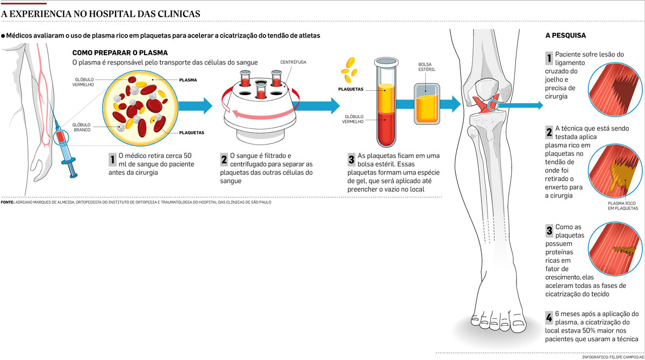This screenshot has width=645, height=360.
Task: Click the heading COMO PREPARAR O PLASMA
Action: coord(120,53)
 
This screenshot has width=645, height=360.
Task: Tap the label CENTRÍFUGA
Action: coord(293,62)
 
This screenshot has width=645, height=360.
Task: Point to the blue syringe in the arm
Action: coord(67,153)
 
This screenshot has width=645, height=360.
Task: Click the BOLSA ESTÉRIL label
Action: coord(425,68)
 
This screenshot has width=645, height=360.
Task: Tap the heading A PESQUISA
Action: coord(565,36)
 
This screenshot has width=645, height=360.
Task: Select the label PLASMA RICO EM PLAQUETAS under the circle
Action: coord(619,206)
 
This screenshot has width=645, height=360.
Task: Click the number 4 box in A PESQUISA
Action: coord(549,316)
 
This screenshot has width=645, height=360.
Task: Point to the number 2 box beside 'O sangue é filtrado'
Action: coord(224,159)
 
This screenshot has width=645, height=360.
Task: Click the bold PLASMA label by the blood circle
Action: coord(188,80)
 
